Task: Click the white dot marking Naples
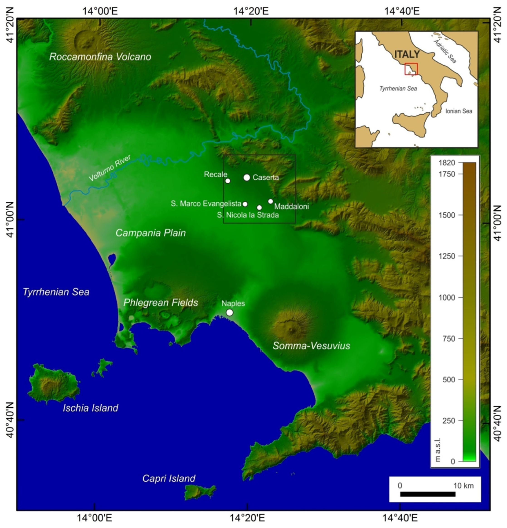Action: [x=229, y=312]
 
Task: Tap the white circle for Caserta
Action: [x=247, y=177]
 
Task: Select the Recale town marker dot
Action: [x=228, y=181]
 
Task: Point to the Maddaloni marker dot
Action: [x=271, y=201]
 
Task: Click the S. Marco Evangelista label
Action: [x=206, y=204]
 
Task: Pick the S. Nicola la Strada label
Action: [x=248, y=215]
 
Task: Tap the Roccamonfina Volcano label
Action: [x=100, y=57]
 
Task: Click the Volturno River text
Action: [x=110, y=168]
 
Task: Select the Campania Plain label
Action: [x=151, y=233]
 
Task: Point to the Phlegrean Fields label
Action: [x=161, y=302]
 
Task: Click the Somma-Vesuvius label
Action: [x=311, y=346]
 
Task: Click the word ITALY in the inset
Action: [x=407, y=54]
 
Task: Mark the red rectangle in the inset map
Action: [x=411, y=69]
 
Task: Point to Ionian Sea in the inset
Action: [x=458, y=111]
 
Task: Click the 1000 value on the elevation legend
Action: [x=447, y=297]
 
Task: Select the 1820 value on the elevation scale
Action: [x=447, y=163]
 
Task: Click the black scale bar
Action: [x=428, y=494]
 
